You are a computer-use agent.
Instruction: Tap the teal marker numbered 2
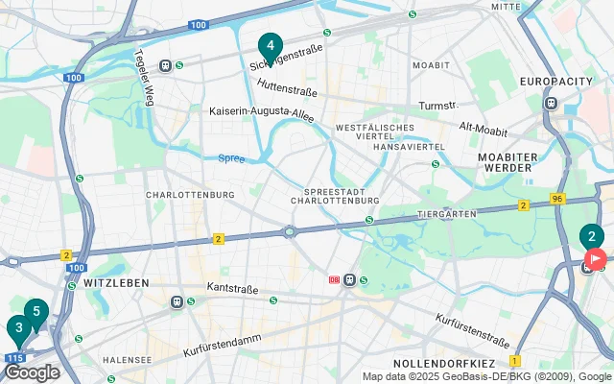pyautogui.click(x=591, y=236)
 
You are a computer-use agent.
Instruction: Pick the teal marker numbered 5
pyautogui.click(x=35, y=311)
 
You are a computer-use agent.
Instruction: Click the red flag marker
pyautogui.click(x=596, y=258)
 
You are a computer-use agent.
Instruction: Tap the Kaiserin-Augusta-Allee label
pyautogui.click(x=262, y=111)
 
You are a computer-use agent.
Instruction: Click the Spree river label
pyautogui.click(x=231, y=158)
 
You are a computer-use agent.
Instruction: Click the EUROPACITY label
pyautogui.click(x=556, y=82)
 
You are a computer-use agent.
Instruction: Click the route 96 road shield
pyautogui.click(x=557, y=199)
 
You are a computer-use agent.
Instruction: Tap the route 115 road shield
pyautogui.click(x=13, y=358)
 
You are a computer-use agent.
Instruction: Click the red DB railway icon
pyautogui.click(x=334, y=280)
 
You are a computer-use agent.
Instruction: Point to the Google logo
pyautogui.click(x=31, y=372)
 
